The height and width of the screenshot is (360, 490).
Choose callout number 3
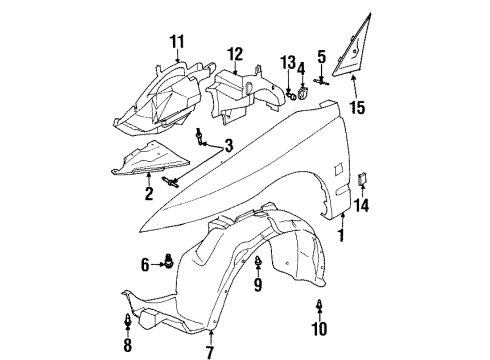click(229, 147)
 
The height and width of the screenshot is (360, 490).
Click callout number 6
click(145, 265)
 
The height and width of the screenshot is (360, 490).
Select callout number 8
click(128, 347)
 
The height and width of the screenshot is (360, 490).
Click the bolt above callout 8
click(128, 322)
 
